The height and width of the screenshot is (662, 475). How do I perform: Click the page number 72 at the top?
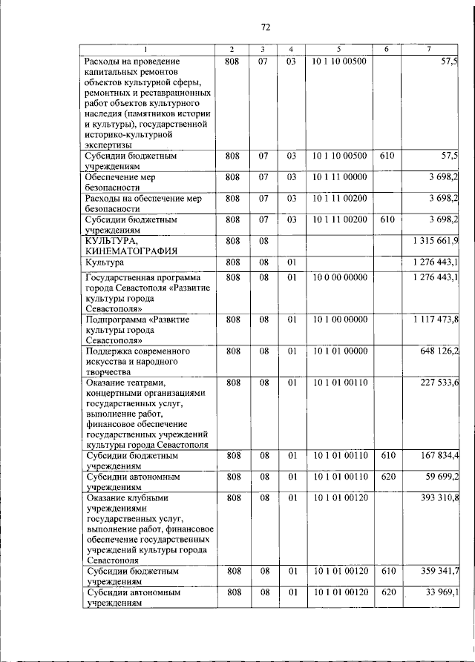(x=265, y=27)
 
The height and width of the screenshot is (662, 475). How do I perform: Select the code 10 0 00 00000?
(x=339, y=277)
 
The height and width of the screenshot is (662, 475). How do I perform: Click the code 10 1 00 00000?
(x=339, y=319)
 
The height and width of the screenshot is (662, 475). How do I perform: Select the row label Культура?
(x=105, y=262)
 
